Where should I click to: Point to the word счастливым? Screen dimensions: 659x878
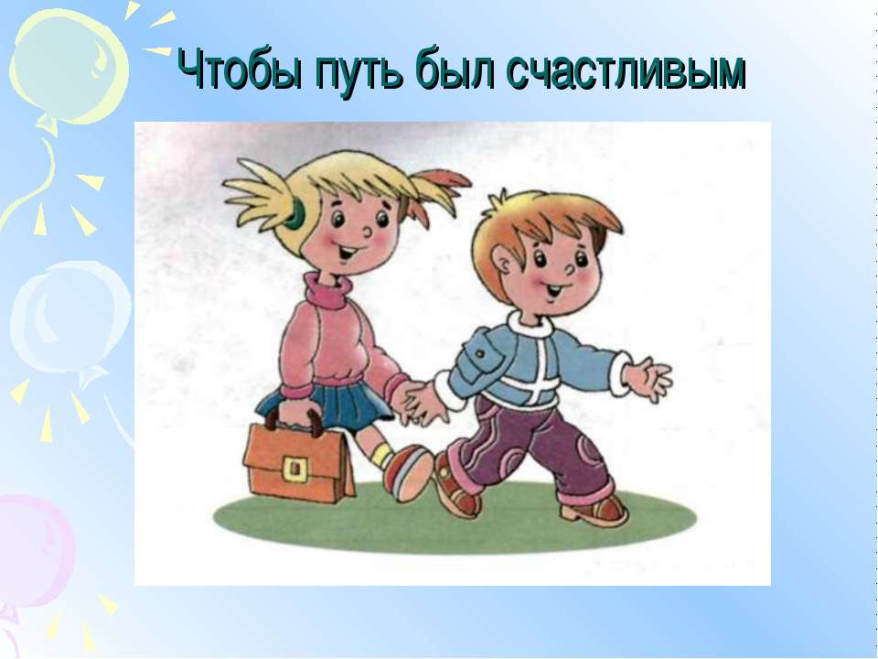(x=626, y=70)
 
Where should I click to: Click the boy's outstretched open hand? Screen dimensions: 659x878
(x=650, y=376)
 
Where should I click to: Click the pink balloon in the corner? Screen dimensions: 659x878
(x=37, y=549)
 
